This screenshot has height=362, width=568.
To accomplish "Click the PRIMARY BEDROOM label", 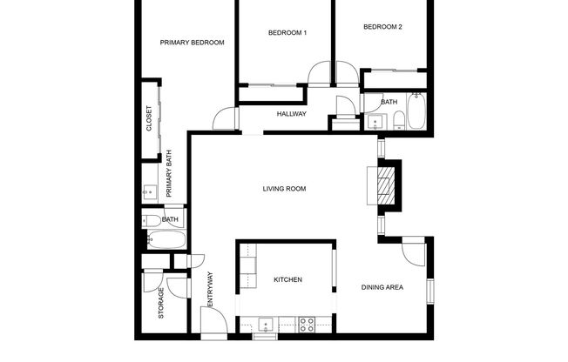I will pyautogui.click(x=193, y=42).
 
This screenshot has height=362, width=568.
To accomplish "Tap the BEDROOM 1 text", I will pyautogui.click(x=287, y=33).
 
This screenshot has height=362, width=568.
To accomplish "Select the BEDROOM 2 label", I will pyautogui.click(x=382, y=27).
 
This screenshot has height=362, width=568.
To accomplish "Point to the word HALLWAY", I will pyautogui.click(x=291, y=114).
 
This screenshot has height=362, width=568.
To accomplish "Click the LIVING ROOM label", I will pyautogui.click(x=285, y=189).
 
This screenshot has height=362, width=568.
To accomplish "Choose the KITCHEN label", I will pyautogui.click(x=287, y=280).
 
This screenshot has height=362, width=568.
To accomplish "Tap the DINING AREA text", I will pyautogui.click(x=383, y=287).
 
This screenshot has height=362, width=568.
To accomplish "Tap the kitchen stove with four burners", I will pyautogui.click(x=307, y=325).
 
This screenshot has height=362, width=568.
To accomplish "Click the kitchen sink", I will pyautogui.click(x=266, y=325).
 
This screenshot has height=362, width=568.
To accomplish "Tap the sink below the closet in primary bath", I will pyautogui.click(x=149, y=192).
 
